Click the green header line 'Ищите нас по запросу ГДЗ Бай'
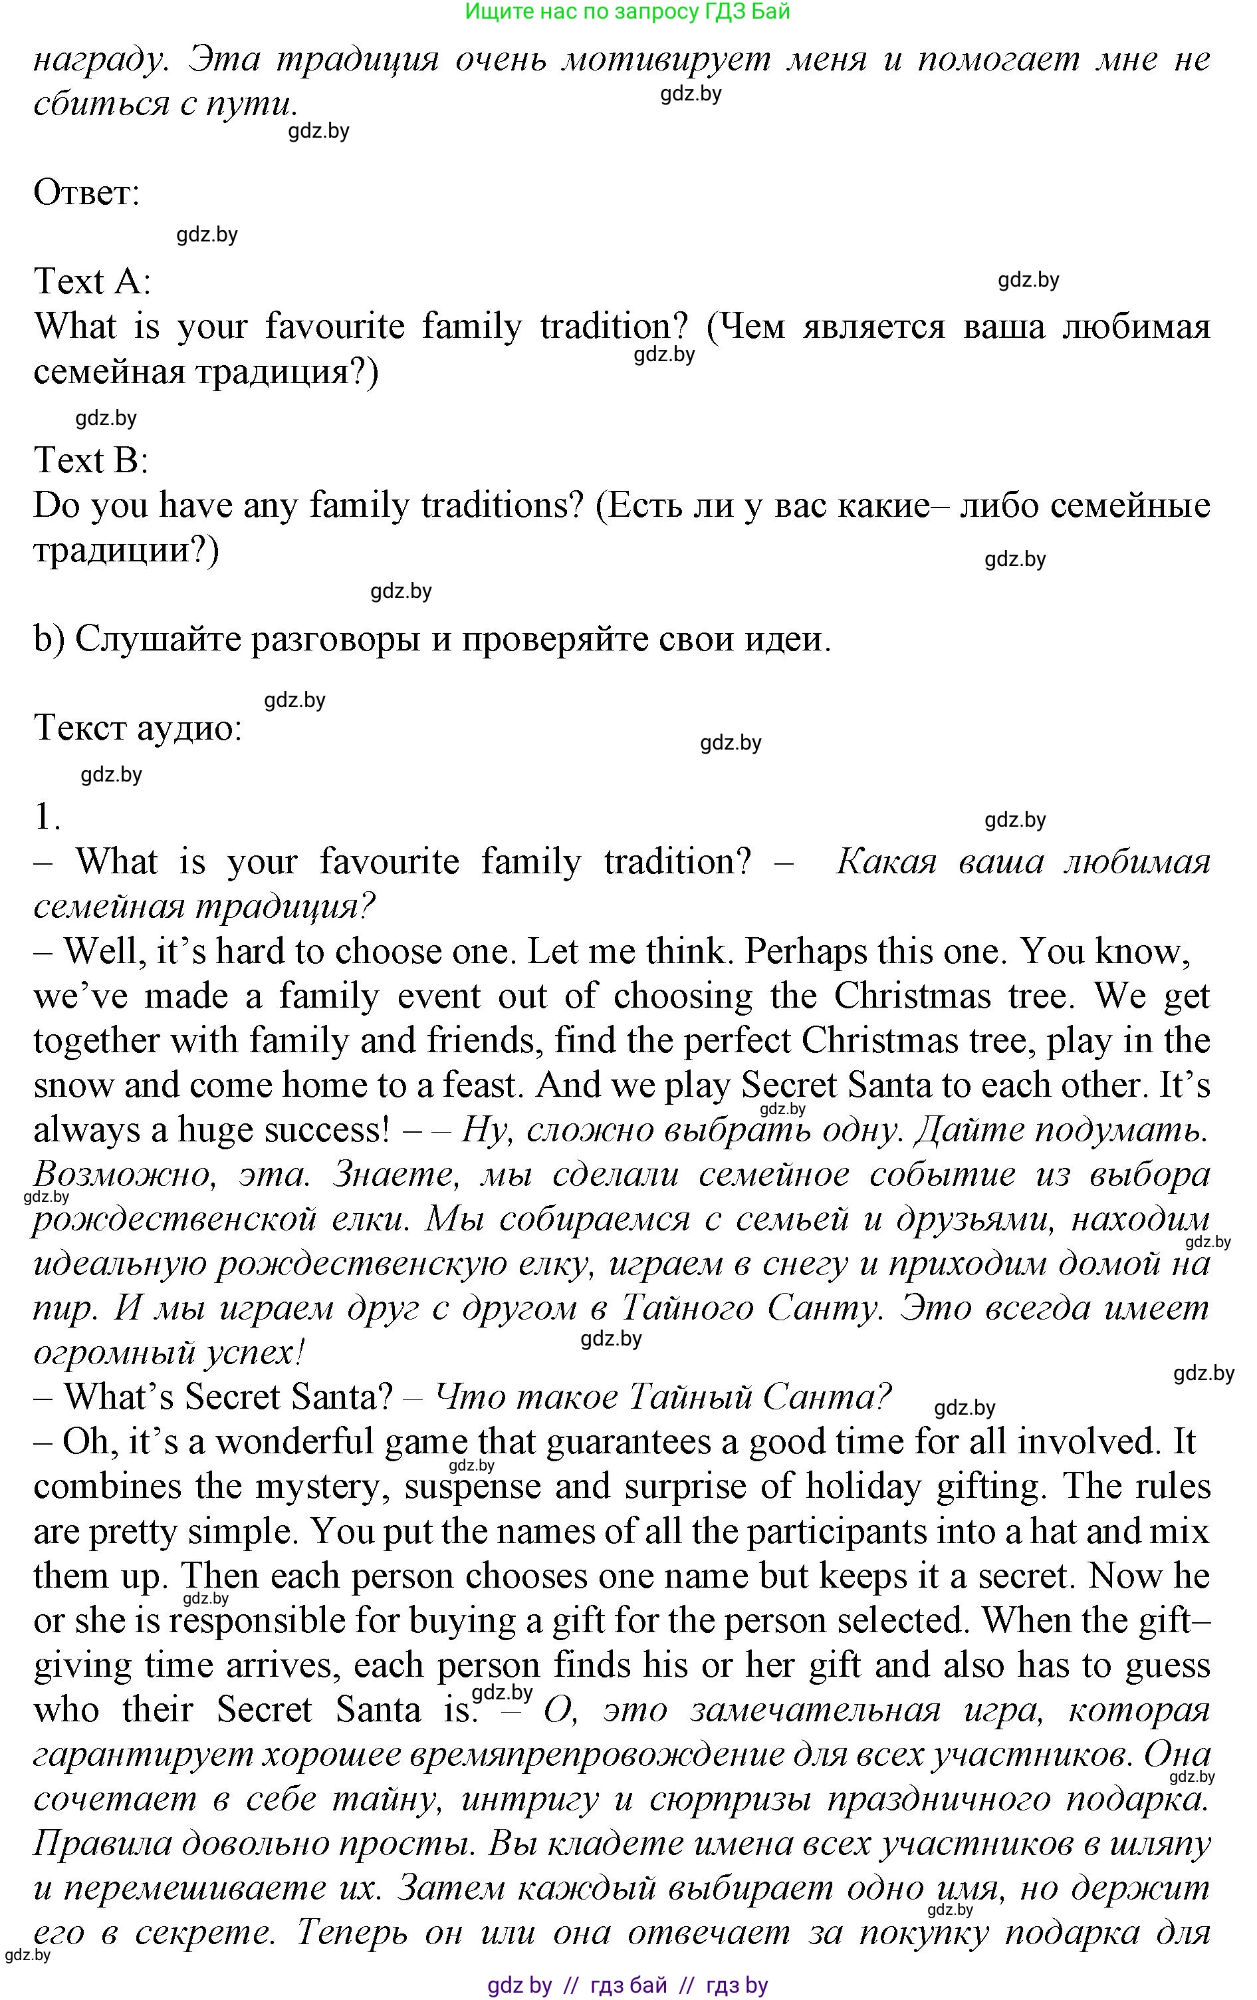[x=628, y=11]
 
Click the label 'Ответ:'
[x=86, y=194]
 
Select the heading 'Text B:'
[x=90, y=460]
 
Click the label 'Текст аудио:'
[x=138, y=728]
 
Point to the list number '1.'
[x=47, y=818]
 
